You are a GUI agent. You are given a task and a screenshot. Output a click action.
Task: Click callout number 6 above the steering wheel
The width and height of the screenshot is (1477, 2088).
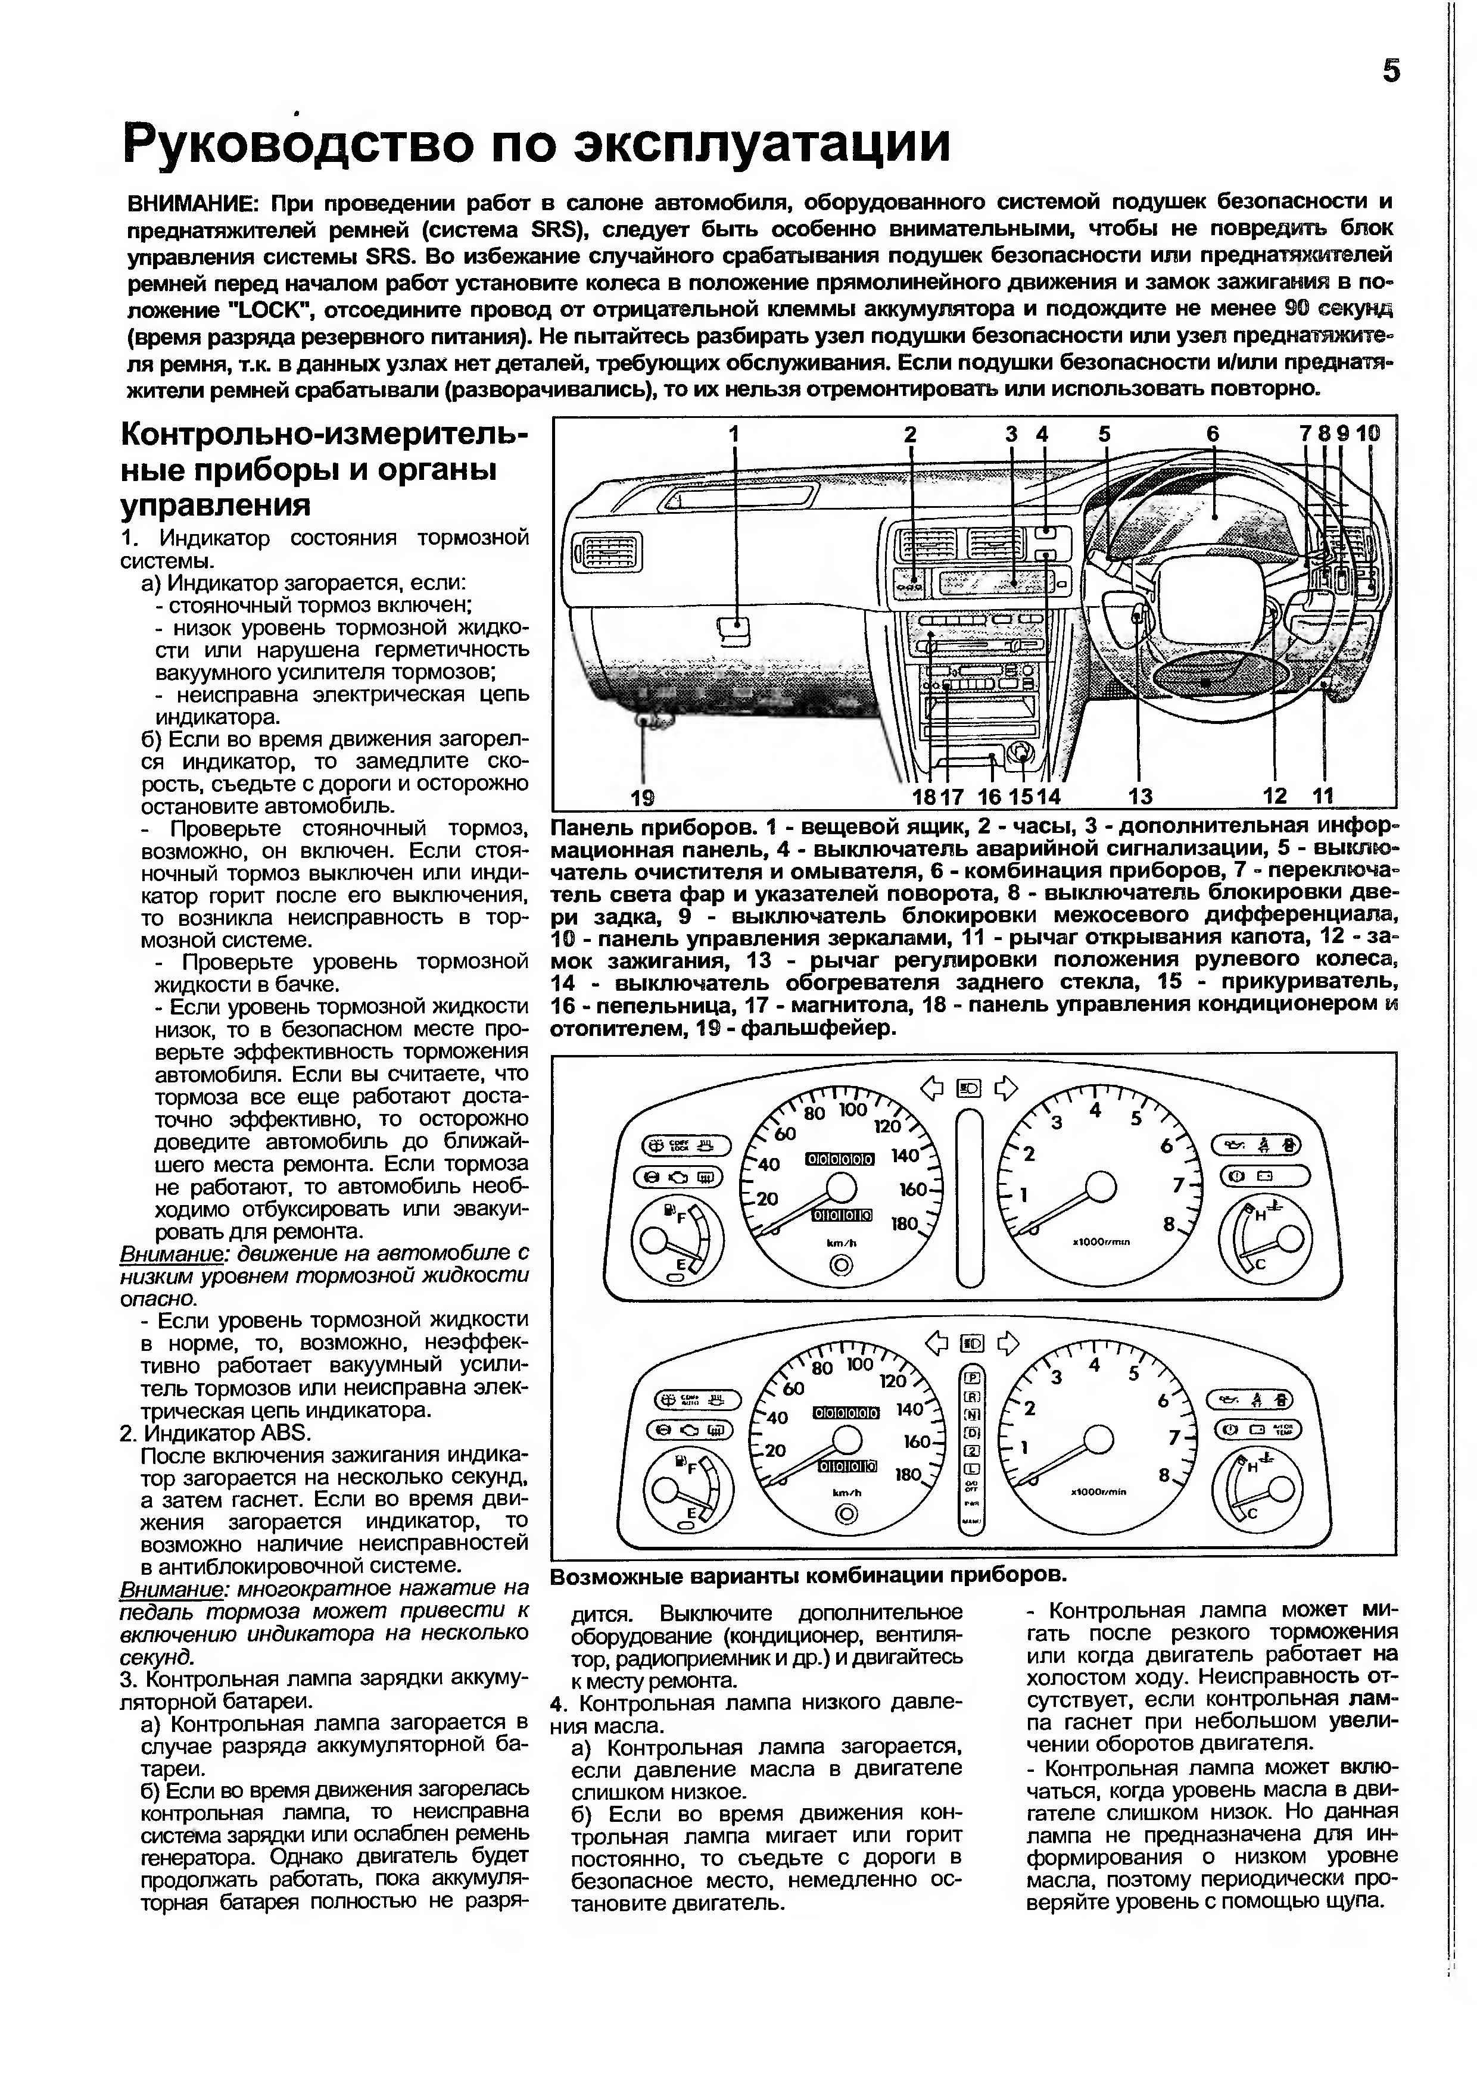(x=1213, y=435)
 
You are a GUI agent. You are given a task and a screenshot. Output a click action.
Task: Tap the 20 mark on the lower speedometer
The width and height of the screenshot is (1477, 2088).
(x=775, y=1450)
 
